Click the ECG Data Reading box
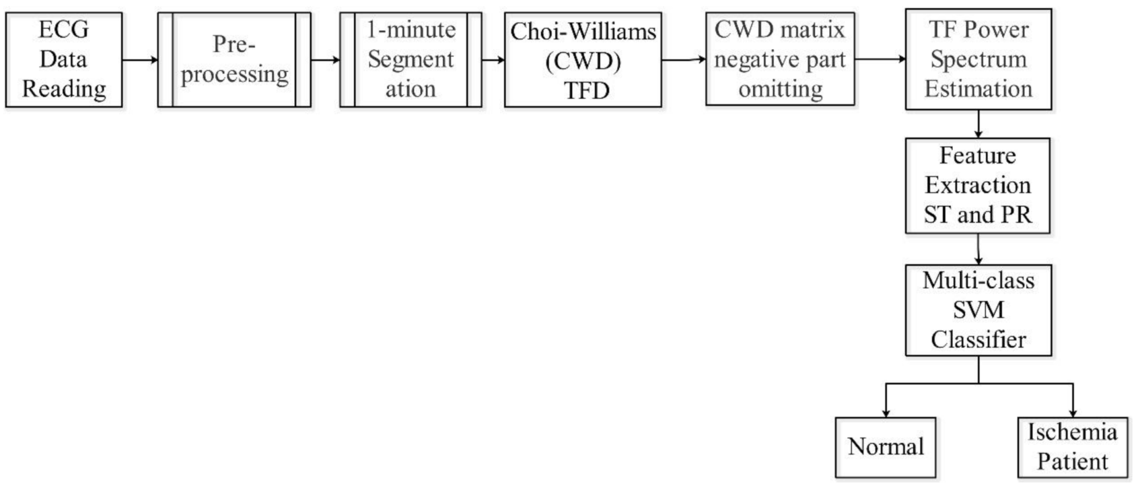pyautogui.click(x=64, y=60)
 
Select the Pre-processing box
pyautogui.click(x=234, y=60)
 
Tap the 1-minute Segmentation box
pyautogui.click(x=411, y=60)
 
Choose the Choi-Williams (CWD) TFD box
pyautogui.click(x=583, y=60)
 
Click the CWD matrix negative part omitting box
pyautogui.click(x=780, y=59)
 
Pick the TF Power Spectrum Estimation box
pyautogui.click(x=978, y=59)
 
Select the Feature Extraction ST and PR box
pyautogui.click(x=977, y=185)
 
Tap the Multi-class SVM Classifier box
pyautogui.click(x=978, y=310)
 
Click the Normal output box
pyautogui.click(x=885, y=447)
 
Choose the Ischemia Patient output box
pyautogui.click(x=1072, y=447)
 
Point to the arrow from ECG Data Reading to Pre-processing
pyautogui.click(x=140, y=60)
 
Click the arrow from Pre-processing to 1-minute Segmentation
pyautogui.click(x=325, y=60)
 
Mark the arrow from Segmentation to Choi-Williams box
pyautogui.click(x=493, y=60)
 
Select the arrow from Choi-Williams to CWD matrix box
pyautogui.click(x=683, y=60)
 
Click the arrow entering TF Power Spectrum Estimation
pyautogui.click(x=880, y=59)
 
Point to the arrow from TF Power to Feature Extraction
pyautogui.click(x=978, y=124)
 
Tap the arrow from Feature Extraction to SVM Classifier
pyautogui.click(x=978, y=249)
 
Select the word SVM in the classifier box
pyautogui.click(x=978, y=310)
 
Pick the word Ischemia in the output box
pyautogui.click(x=1072, y=432)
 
